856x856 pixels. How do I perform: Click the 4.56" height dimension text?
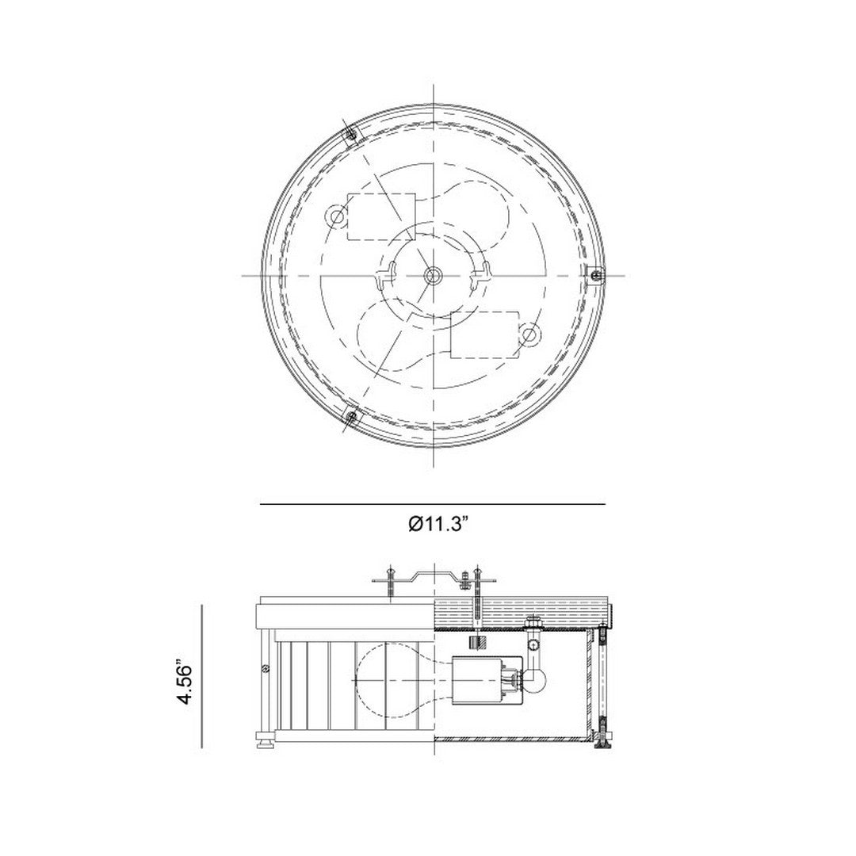pos(185,683)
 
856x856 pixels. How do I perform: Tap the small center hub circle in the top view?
pos(433,274)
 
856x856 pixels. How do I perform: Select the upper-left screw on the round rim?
pos(350,136)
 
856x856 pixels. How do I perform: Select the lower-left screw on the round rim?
pos(350,415)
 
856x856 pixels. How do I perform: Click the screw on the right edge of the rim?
pos(595,274)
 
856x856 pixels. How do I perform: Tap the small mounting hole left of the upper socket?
pos(338,216)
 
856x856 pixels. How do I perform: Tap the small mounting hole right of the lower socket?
pos(529,335)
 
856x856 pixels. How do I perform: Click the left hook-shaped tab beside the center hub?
pos(386,276)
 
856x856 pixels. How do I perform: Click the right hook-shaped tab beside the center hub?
pos(478,276)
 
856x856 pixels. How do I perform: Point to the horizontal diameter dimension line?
pos(433,504)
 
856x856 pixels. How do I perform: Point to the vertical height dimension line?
pos(203,675)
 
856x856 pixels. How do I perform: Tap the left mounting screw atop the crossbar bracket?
pos(391,581)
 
